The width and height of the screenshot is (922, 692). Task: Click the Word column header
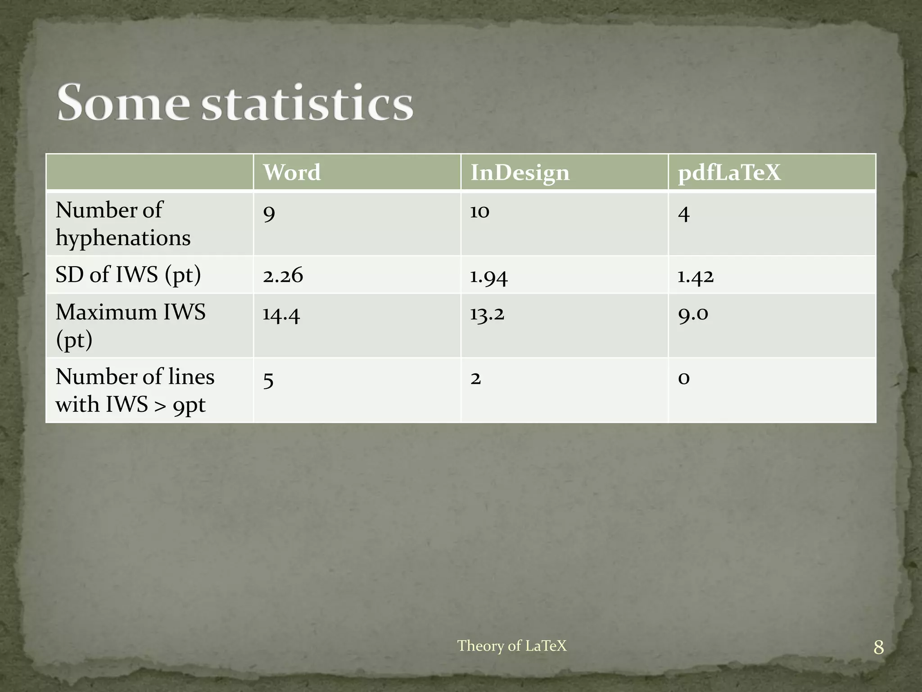292,173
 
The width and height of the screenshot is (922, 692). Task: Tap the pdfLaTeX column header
729,173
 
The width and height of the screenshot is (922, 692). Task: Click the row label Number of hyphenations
123,224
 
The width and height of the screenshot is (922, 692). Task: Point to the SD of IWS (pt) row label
128,275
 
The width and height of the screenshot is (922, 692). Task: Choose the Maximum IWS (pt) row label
130,325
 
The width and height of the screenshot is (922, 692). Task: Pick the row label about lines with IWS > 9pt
135,390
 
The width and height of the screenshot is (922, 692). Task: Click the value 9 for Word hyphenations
269,212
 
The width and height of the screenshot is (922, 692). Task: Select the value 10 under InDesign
479,211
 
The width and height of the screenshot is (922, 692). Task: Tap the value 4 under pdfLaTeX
683,213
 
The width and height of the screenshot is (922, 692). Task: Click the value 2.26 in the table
283,275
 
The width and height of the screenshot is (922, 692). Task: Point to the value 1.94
488,276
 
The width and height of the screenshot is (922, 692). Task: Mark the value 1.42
696,276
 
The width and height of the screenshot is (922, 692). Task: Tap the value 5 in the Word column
268,380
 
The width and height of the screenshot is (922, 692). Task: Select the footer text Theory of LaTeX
512,646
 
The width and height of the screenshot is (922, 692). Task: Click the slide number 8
878,648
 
